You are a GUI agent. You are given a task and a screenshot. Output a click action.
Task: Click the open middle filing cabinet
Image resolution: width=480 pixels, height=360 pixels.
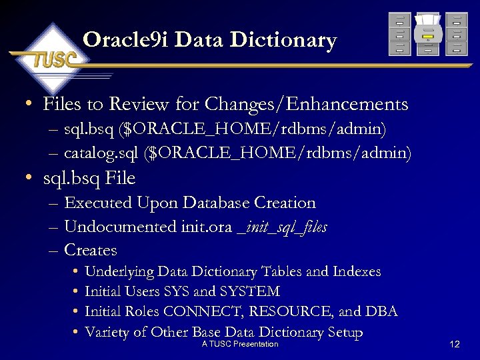pyautogui.click(x=427, y=35)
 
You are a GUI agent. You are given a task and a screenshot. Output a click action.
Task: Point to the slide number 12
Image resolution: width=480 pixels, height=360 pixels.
pyautogui.click(x=455, y=344)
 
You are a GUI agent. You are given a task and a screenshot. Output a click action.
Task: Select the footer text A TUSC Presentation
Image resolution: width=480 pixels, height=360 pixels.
pyautogui.click(x=240, y=344)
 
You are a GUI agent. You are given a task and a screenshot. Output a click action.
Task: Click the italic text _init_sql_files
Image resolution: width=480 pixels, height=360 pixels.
pyautogui.click(x=282, y=227)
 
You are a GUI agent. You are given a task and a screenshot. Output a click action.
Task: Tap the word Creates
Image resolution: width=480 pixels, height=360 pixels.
pyautogui.click(x=91, y=251)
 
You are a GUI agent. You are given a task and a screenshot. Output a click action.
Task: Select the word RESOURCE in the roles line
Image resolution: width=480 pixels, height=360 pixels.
pyautogui.click(x=302, y=312)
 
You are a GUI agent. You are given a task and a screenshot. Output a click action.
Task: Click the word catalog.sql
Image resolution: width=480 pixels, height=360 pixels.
pyautogui.click(x=101, y=154)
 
